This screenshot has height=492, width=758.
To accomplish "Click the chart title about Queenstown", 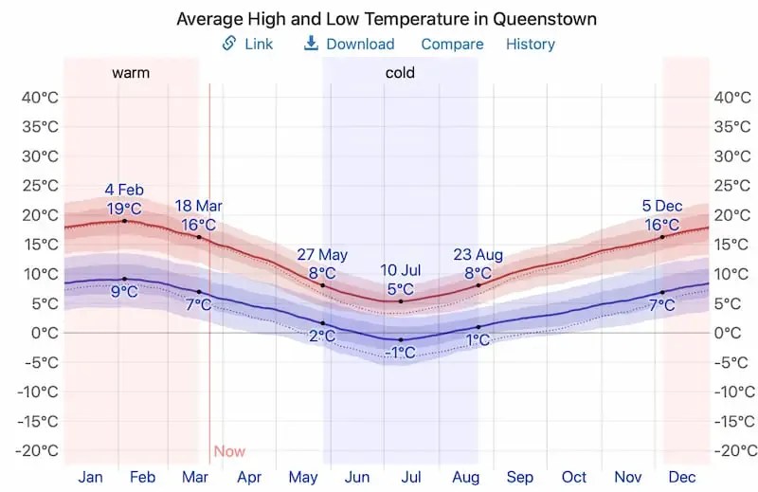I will (387, 19).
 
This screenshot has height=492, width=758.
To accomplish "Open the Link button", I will (247, 44).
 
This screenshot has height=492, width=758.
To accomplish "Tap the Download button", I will (349, 44).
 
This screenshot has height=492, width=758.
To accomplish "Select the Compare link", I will (452, 44).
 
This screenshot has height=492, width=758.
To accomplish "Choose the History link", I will (531, 44).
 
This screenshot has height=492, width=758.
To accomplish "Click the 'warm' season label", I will (131, 72).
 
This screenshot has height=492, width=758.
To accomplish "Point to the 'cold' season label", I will (400, 72).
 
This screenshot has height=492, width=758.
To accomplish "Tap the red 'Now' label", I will (229, 451).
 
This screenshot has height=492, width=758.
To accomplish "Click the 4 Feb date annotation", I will (124, 190).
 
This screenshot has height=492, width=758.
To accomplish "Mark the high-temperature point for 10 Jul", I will (401, 301).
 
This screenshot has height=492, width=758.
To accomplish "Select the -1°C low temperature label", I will (400, 353).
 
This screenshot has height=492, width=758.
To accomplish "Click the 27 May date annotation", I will (322, 254).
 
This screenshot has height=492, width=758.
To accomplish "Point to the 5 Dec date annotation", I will (661, 206).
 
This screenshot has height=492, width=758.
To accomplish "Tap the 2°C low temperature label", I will (322, 336).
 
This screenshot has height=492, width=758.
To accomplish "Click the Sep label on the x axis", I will (520, 477).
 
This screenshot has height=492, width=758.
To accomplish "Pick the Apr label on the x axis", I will (249, 477).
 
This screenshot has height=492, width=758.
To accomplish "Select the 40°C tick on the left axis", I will (40, 97).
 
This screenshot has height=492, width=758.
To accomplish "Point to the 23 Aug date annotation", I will (478, 254).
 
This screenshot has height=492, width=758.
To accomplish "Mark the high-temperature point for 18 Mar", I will (199, 236).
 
